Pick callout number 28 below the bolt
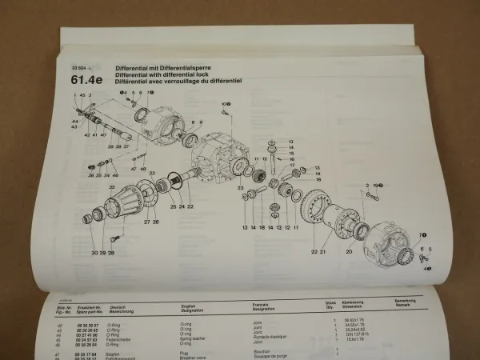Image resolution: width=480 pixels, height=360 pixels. point(111,253)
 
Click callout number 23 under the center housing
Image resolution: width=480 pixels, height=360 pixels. point(240,187)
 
